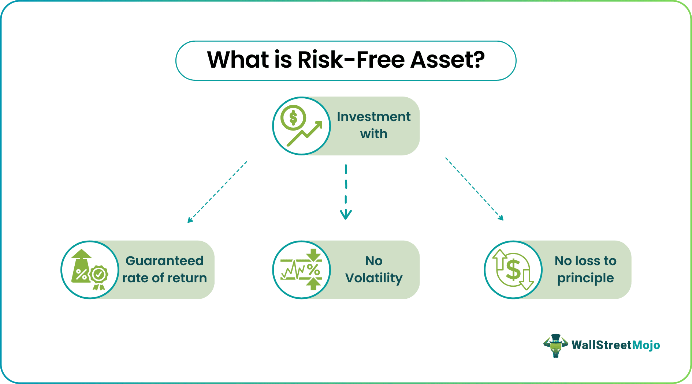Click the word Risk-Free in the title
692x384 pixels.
tap(351, 60)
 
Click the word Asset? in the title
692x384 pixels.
tap(448, 60)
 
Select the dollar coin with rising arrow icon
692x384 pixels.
tap(301, 126)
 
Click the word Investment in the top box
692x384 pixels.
tap(374, 117)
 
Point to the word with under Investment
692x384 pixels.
tap(374, 134)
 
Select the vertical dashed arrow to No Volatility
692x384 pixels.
tap(346, 192)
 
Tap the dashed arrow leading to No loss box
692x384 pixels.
tap(475, 189)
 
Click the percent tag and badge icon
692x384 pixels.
tap(90, 270)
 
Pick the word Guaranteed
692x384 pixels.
tap(164, 261)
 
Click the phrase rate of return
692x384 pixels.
tap(164, 278)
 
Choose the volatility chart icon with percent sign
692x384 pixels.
tap(301, 270)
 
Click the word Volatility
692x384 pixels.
tap(374, 278)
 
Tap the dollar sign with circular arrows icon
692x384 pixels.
tap(513, 270)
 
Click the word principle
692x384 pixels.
tap(585, 278)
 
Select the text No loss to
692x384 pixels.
tap(585, 261)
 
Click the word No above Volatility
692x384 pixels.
tap(374, 261)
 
